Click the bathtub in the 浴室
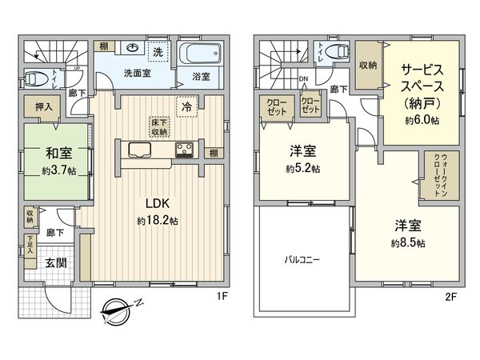201,56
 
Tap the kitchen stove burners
184,149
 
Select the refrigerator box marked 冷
186,106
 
